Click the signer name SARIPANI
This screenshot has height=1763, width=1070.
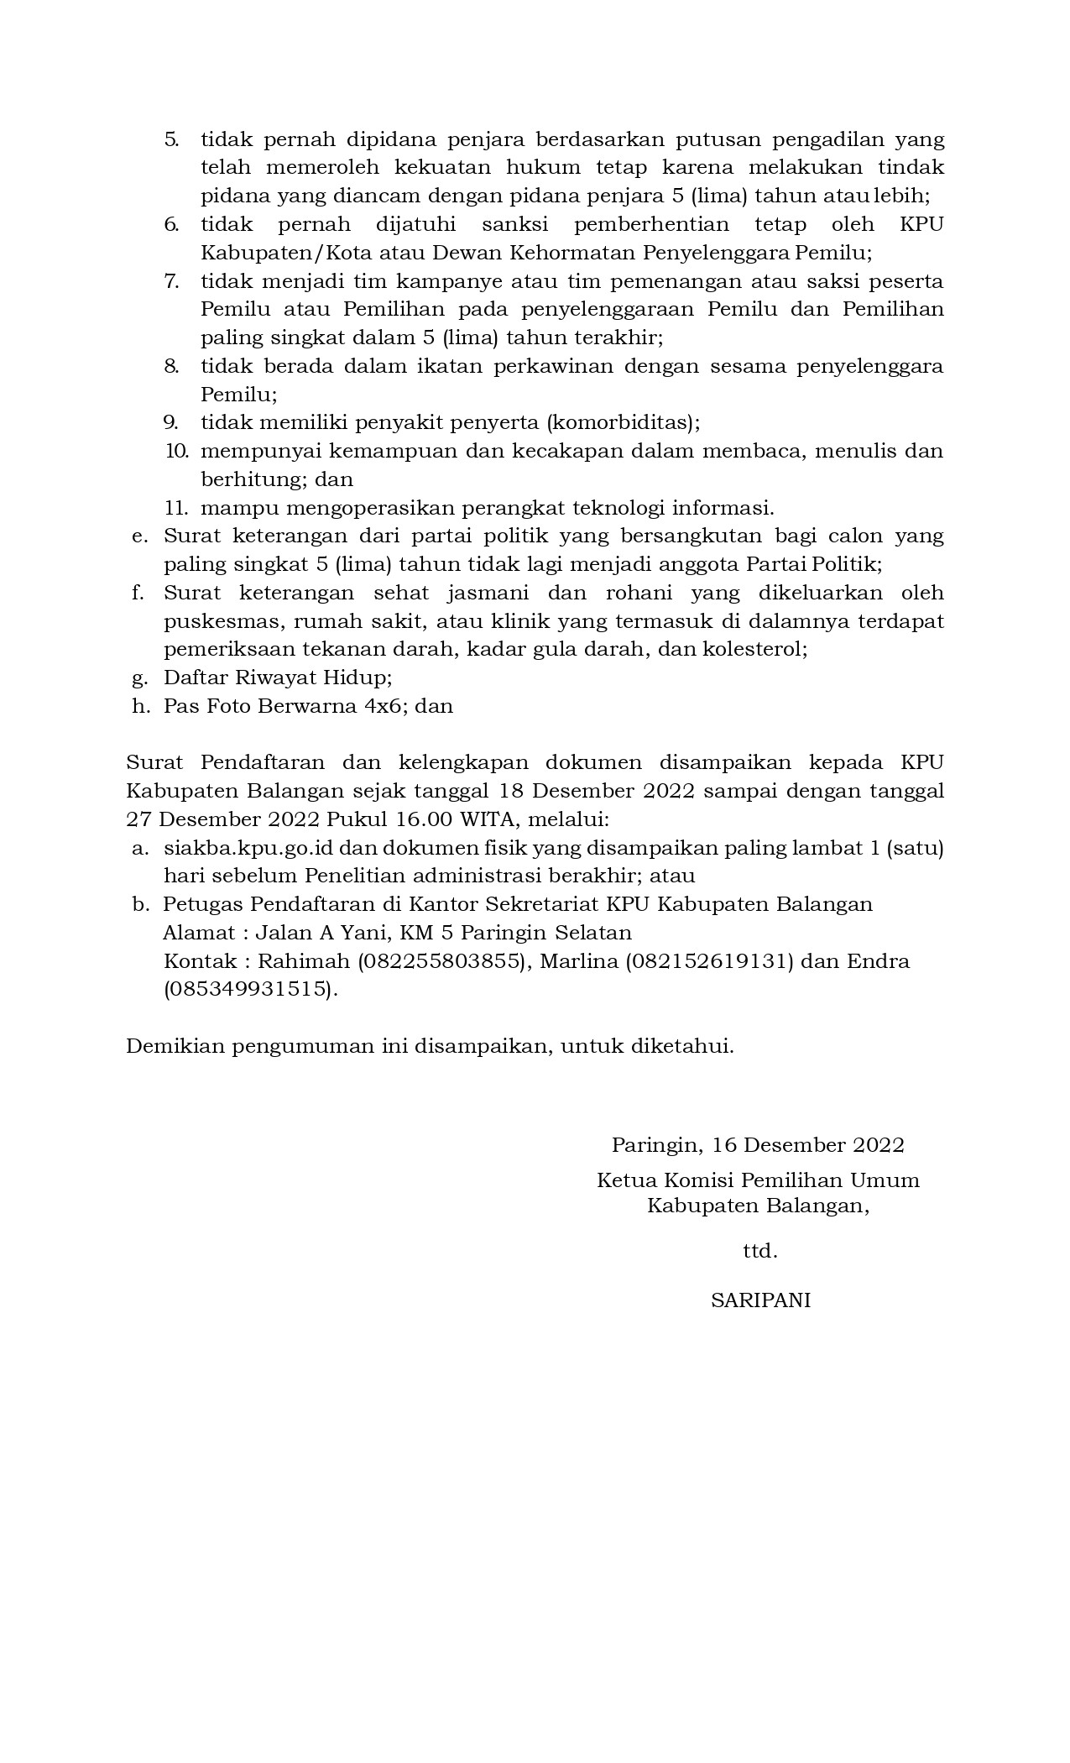tap(760, 1300)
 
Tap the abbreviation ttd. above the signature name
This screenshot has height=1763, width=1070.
tap(760, 1251)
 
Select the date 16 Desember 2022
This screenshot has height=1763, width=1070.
tap(808, 1145)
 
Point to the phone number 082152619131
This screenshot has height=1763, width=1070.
tap(709, 961)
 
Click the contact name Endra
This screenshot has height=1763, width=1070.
tap(878, 961)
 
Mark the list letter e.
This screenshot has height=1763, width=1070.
tap(139, 536)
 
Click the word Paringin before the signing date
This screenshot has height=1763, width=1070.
tap(655, 1145)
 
